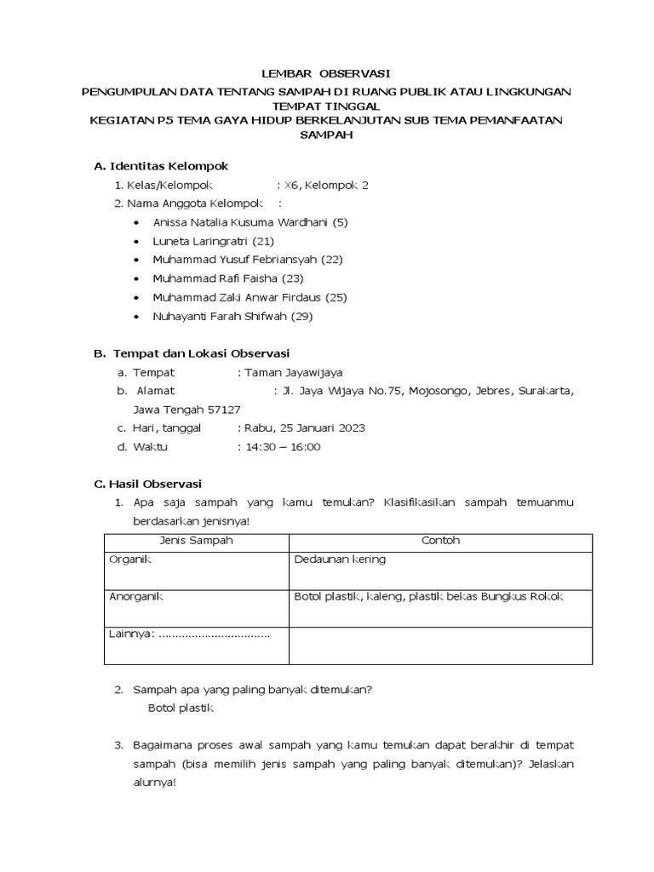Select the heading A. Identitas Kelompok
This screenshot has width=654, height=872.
point(161,165)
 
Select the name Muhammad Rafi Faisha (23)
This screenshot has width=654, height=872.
point(228,278)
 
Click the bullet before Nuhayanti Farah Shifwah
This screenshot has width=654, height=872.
point(138,317)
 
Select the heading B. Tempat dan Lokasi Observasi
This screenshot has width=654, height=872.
point(192,353)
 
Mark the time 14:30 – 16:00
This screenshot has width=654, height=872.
point(282,447)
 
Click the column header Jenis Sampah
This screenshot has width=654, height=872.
point(196,541)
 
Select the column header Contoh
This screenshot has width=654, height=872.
point(440,541)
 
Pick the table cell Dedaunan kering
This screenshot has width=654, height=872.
point(340,559)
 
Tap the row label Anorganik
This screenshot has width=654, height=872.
point(136,597)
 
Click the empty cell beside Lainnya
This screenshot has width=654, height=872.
point(440,645)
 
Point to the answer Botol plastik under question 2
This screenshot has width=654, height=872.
point(181,708)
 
